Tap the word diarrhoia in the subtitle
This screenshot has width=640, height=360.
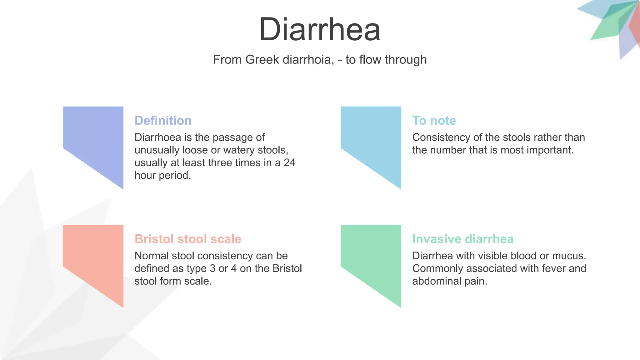(x=308, y=60)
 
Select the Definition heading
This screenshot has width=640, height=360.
(x=163, y=121)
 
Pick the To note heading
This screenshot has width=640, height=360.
(x=434, y=121)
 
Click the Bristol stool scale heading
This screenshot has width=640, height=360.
(x=188, y=239)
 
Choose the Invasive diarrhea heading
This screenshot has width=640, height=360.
(x=463, y=239)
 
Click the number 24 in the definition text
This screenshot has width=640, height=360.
(x=289, y=163)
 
